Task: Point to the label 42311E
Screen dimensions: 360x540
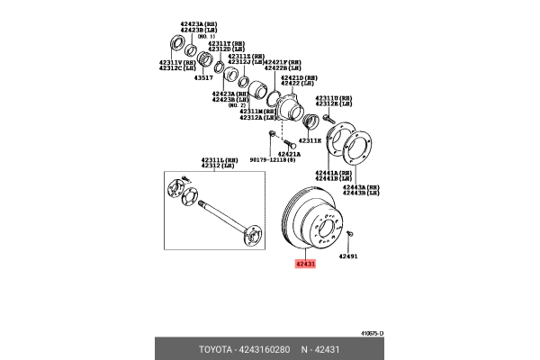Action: pos(310,140)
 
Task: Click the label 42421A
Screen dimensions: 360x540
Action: pos(289,154)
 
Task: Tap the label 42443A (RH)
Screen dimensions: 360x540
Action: pos(360,186)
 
